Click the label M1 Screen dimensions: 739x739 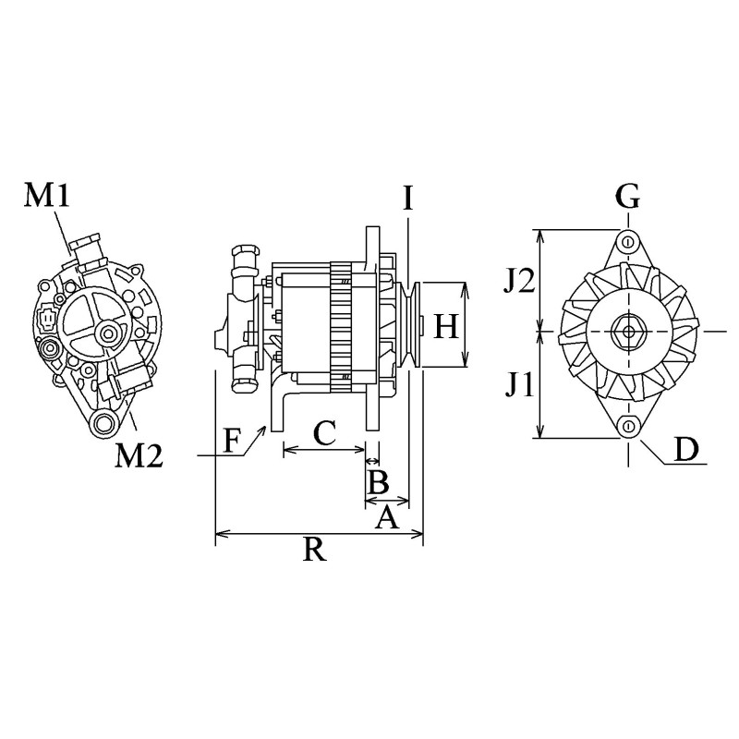(x=47, y=196)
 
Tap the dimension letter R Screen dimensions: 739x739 (x=314, y=551)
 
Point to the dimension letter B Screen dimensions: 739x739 (x=377, y=481)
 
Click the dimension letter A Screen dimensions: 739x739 (x=386, y=518)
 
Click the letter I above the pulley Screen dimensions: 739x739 (x=406, y=197)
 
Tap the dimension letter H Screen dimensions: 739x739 (x=446, y=326)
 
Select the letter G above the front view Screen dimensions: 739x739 (x=628, y=196)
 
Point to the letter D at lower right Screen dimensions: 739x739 (x=685, y=449)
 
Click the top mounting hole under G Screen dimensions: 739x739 (x=628, y=241)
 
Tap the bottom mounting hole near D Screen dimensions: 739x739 (x=629, y=425)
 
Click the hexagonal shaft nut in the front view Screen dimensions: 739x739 (x=628, y=330)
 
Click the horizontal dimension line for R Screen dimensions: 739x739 (x=319, y=533)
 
